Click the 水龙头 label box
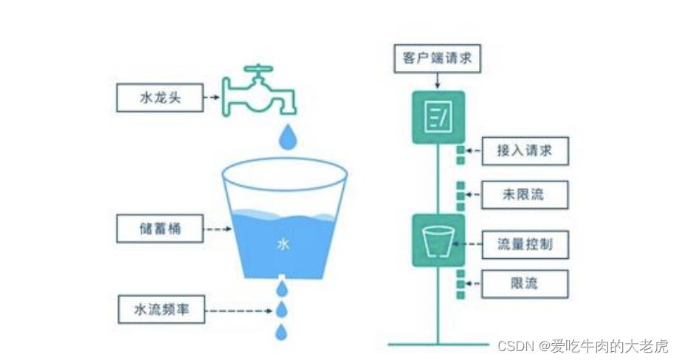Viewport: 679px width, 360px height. (x=159, y=97)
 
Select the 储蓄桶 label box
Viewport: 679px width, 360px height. (x=159, y=229)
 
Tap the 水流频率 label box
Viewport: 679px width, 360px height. (x=159, y=310)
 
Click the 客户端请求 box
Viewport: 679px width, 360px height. (x=438, y=58)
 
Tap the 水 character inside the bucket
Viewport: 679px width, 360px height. (x=283, y=243)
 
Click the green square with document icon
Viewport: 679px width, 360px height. (x=438, y=117)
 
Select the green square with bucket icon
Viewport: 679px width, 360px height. (x=438, y=240)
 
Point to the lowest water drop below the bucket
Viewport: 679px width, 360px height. (x=281, y=332)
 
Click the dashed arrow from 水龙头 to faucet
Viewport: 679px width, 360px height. (x=213, y=97)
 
